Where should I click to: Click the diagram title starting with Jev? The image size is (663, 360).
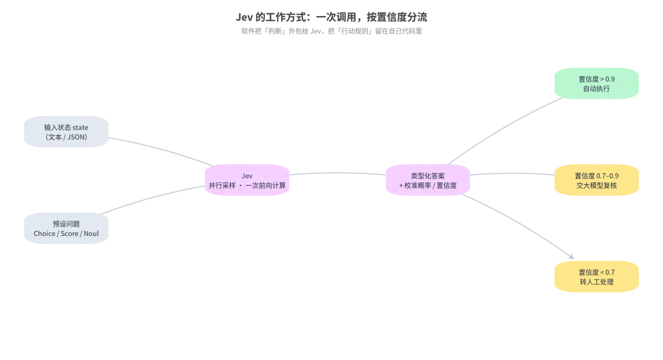[331, 17]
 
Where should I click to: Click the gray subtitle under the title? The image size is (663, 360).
[331, 31]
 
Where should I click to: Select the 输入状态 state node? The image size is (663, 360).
[66, 131]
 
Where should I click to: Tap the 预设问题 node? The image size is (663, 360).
[66, 228]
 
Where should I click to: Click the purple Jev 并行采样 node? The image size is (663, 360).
[247, 180]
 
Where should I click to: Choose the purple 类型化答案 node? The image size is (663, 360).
[428, 180]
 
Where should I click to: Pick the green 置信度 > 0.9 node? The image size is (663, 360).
[597, 84]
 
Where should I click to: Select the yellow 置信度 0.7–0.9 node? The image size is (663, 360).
[597, 180]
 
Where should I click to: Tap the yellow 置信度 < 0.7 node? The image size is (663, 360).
[597, 276]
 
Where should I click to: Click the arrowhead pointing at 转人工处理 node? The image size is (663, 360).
[572, 256]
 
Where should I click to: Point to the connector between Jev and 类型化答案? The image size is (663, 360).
[338, 173]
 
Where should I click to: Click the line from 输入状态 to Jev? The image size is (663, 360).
[163, 149]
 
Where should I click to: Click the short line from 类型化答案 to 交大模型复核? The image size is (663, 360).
[513, 173]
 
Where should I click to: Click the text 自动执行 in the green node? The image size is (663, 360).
[597, 88]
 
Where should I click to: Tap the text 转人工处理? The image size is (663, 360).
[597, 282]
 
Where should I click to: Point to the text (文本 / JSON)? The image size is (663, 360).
[66, 137]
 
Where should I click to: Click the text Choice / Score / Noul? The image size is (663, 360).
[66, 233]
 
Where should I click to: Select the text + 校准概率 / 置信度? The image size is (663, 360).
[428, 186]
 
